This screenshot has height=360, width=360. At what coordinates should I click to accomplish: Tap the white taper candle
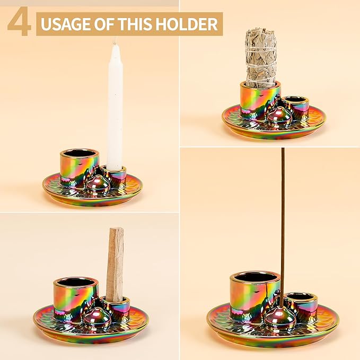(115, 106)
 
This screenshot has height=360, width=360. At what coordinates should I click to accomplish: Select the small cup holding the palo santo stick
(116, 308)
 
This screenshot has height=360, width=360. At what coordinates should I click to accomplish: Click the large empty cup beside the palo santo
(75, 297)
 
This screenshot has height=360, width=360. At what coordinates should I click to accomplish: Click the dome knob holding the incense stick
(280, 318)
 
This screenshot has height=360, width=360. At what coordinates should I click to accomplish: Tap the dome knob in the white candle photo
(98, 183)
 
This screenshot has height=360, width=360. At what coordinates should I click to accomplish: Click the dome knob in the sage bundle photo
(277, 114)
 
